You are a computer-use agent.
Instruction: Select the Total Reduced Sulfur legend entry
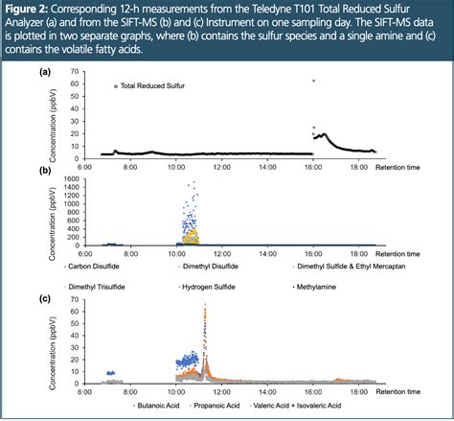(153, 86)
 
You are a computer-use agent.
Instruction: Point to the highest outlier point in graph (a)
(313, 81)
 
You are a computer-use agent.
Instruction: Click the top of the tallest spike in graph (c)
(205, 306)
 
